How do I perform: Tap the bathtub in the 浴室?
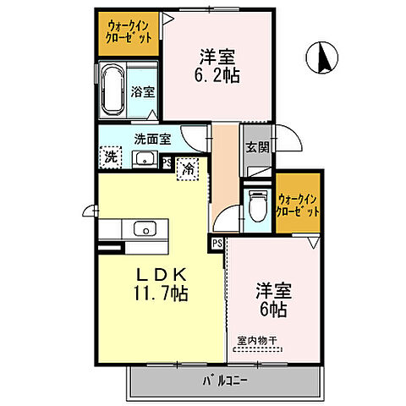(112, 89)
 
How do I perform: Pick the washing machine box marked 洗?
(111, 156)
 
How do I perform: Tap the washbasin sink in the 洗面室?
(140, 159)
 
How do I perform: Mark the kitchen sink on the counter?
(143, 228)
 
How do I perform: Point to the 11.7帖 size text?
(159, 295)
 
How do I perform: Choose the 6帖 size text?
(273, 309)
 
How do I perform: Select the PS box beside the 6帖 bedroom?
(217, 243)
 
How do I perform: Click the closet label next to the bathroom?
(129, 33)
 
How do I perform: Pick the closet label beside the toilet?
(299, 206)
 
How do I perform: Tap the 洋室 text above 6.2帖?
(217, 57)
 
